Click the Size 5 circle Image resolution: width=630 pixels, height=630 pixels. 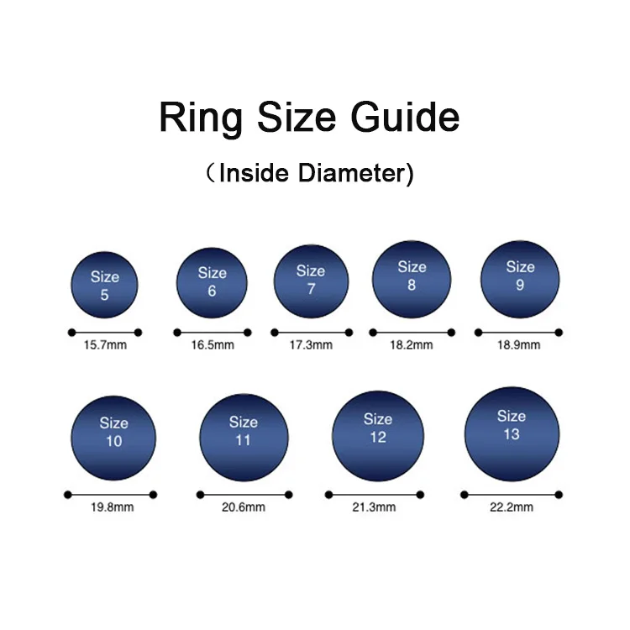[x=104, y=285]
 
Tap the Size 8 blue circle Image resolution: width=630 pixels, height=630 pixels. [x=412, y=279]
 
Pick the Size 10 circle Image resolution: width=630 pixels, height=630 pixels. [x=113, y=437]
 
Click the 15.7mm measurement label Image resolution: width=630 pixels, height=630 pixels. [x=104, y=345]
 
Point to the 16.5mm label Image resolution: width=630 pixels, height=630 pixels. [x=212, y=344]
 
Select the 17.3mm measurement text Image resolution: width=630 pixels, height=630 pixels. [x=311, y=345]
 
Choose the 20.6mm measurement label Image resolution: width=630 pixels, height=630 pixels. [x=244, y=507]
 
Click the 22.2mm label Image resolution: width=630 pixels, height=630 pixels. [x=512, y=507]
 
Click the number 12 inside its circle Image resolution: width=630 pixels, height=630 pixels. [x=377, y=437]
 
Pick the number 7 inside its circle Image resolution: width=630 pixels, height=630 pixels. [x=311, y=289]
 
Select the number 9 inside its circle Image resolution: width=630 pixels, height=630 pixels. [x=520, y=286]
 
